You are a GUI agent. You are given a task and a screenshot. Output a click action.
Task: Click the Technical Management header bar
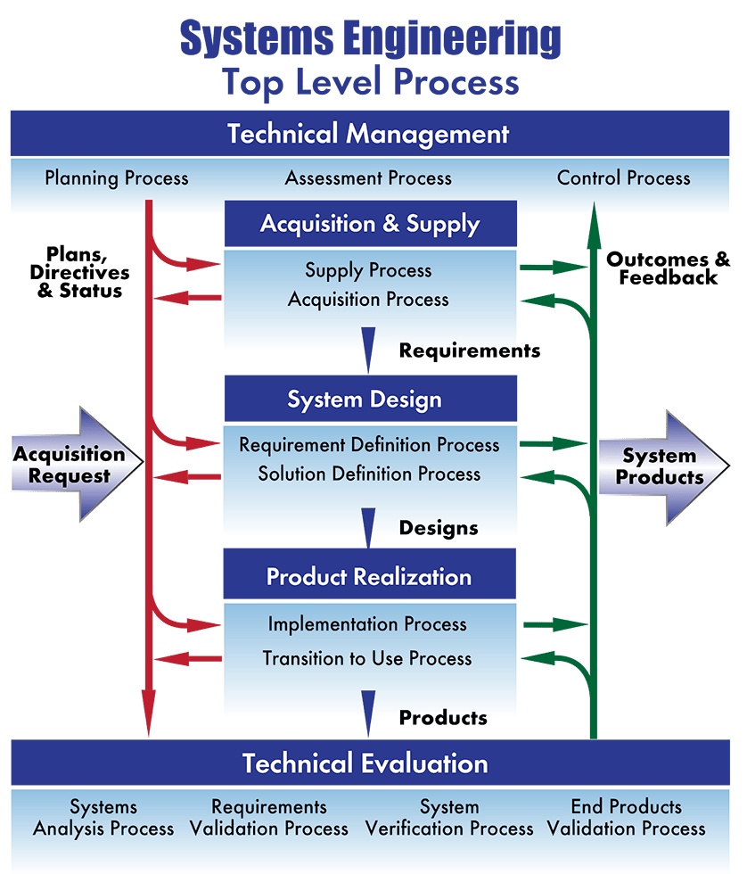(x=370, y=133)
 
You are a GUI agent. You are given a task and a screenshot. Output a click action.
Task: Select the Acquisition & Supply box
(x=371, y=224)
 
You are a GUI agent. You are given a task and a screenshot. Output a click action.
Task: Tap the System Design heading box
(x=371, y=399)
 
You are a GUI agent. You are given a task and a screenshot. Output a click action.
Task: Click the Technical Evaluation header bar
(x=371, y=763)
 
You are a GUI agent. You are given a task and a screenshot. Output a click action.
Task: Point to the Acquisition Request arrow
(x=78, y=464)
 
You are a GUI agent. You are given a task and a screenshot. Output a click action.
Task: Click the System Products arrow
(x=664, y=467)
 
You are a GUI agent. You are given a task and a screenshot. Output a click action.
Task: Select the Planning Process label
(x=117, y=178)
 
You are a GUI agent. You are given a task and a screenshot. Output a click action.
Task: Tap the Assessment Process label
(x=368, y=177)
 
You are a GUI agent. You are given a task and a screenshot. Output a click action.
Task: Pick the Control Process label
(x=623, y=177)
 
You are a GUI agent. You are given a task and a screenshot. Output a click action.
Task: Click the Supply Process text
(x=368, y=270)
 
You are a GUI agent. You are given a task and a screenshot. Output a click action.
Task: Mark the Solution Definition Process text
(x=369, y=474)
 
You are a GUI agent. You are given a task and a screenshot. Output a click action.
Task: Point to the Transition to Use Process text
(x=367, y=658)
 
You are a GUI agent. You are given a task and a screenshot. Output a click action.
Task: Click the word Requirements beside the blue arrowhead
(x=470, y=350)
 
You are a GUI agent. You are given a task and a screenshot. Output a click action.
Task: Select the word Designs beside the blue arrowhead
(x=439, y=528)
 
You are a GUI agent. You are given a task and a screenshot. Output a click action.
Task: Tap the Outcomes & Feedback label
(x=668, y=268)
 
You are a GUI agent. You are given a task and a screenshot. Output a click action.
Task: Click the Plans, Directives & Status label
(x=79, y=272)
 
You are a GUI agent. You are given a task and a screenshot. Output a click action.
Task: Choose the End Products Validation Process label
(x=626, y=818)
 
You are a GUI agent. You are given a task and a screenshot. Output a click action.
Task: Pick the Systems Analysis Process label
(x=103, y=818)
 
